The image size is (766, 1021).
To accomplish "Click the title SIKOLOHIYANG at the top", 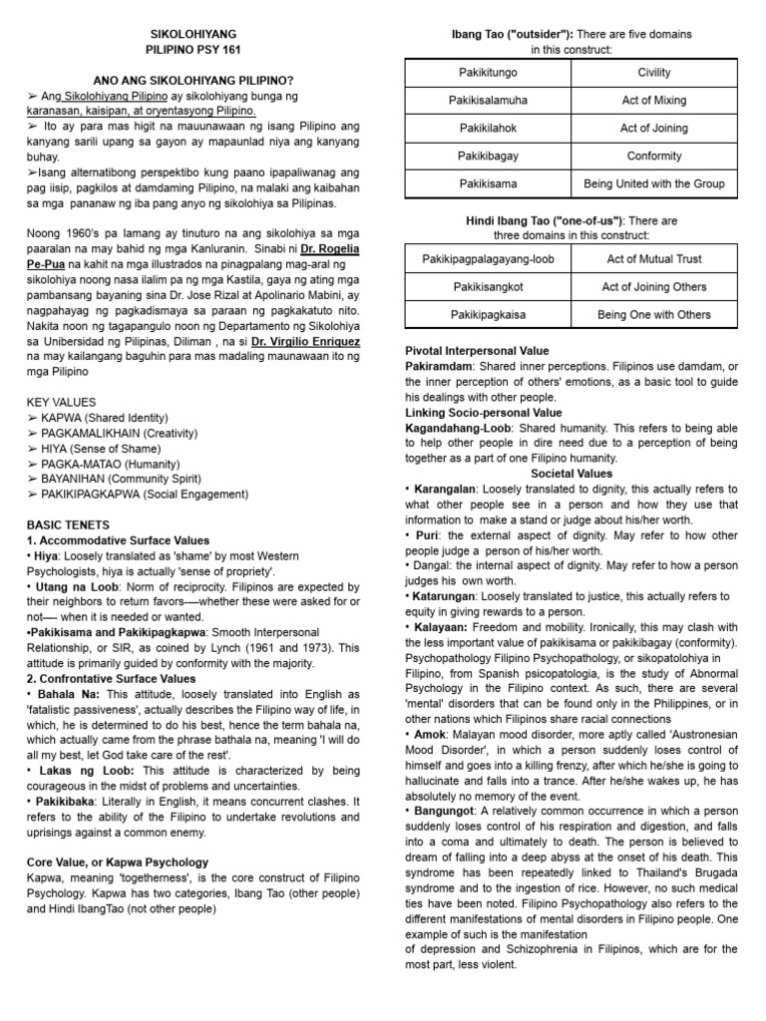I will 190,33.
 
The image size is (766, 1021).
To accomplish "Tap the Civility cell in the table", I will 654,73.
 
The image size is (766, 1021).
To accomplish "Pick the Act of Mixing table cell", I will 654,101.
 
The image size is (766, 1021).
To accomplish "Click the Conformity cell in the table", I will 654,157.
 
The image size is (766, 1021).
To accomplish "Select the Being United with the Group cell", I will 654,184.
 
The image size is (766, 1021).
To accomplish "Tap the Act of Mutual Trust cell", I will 654,259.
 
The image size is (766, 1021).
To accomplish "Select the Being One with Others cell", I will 654,315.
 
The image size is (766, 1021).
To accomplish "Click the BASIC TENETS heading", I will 68,524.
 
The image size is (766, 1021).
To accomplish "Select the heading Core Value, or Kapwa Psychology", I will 118,861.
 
